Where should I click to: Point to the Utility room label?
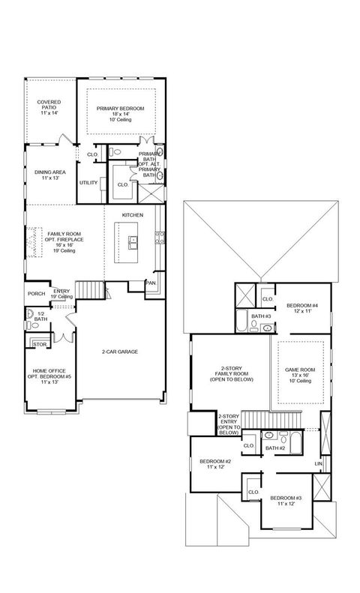[x=88, y=182]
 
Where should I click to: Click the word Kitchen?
[x=133, y=215]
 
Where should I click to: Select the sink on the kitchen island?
[x=132, y=242]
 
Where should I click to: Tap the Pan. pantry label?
[x=151, y=283]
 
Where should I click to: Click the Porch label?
[x=35, y=294]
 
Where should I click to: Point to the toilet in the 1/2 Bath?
[x=31, y=318]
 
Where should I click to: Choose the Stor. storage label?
[x=39, y=344]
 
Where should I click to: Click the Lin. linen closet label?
[x=319, y=465]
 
